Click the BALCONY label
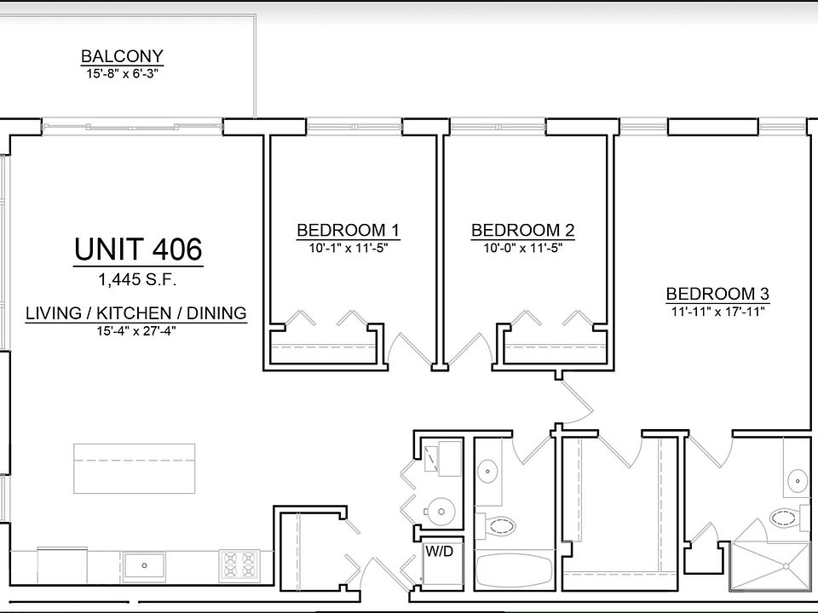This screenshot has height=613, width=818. pyautogui.click(x=122, y=57)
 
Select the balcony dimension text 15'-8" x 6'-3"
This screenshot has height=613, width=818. pyautogui.click(x=122, y=73)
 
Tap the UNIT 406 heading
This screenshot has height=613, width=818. pyautogui.click(x=138, y=250)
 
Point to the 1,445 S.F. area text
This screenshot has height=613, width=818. pyautogui.click(x=138, y=278)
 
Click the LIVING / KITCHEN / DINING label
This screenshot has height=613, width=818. pyautogui.click(x=136, y=313)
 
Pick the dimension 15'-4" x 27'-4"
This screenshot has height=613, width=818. pyautogui.click(x=136, y=331)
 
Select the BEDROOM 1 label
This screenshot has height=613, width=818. pyautogui.click(x=348, y=230)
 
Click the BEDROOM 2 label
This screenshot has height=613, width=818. pyautogui.click(x=522, y=230)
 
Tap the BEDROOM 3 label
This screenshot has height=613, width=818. pyautogui.click(x=717, y=294)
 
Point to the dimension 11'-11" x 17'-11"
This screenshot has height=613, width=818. pyautogui.click(x=717, y=311)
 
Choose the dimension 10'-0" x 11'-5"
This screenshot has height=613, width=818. pyautogui.click(x=522, y=248)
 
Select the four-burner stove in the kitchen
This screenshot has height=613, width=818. pyautogui.click(x=239, y=564)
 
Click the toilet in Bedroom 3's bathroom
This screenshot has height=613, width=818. pyautogui.click(x=785, y=516)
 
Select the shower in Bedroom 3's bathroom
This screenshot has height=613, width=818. pyautogui.click(x=770, y=564)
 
